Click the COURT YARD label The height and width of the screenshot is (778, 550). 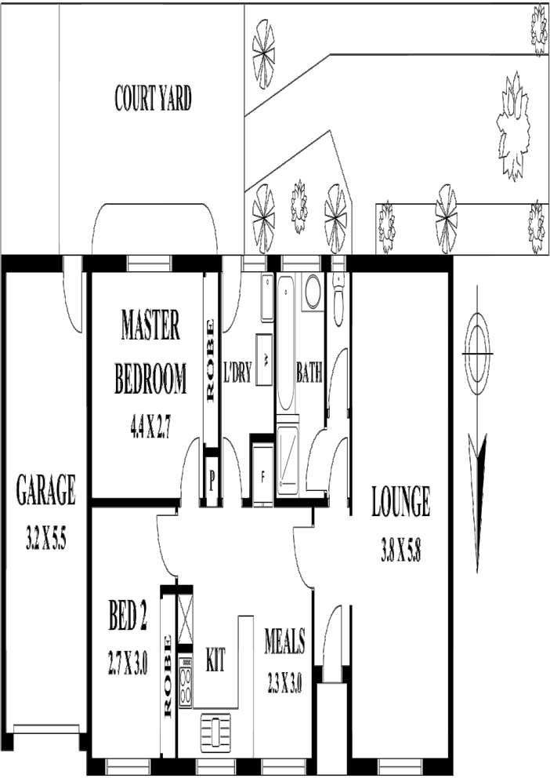point(153,100)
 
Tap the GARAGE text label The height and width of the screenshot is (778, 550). point(45,490)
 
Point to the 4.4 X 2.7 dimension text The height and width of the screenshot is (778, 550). point(150,427)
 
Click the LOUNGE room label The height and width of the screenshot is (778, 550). point(400,502)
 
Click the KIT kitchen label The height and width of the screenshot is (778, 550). point(215,661)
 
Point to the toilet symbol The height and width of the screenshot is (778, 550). point(338,300)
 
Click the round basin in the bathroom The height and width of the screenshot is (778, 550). point(312,292)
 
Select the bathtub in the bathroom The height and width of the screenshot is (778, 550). point(285,345)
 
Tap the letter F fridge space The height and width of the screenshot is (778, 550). point(262,476)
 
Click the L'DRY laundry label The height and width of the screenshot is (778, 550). point(237,374)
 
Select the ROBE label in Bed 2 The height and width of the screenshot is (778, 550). point(168,675)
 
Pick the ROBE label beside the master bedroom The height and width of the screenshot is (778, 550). point(210,360)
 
